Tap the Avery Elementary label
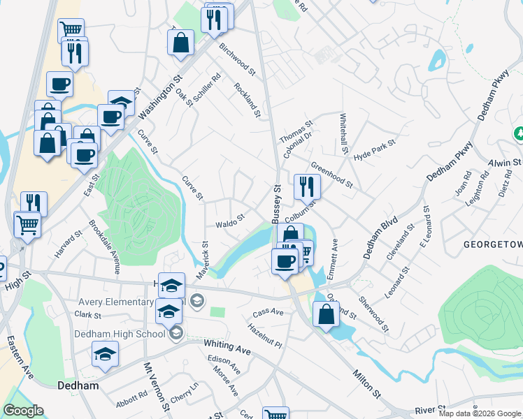[x=115, y=302]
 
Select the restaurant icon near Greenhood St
[x=307, y=186]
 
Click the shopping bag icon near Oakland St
[x=327, y=314]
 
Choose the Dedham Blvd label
[x=380, y=238]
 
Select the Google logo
[x=23, y=411]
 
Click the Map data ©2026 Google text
[x=480, y=413]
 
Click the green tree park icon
[x=519, y=133]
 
